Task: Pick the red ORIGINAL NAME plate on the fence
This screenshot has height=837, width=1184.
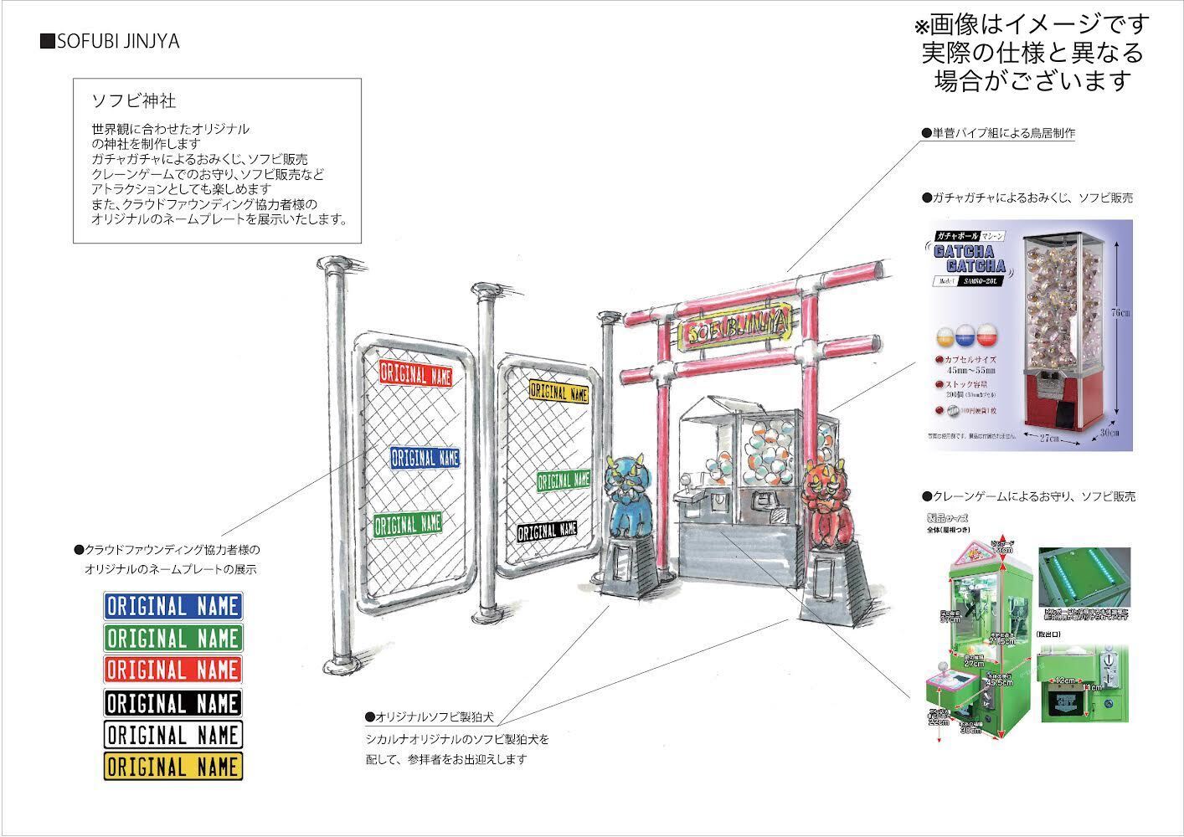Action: tap(415, 373)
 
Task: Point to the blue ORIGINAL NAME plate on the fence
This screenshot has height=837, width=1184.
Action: tap(425, 458)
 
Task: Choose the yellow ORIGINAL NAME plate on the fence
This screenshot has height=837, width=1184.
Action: tap(559, 392)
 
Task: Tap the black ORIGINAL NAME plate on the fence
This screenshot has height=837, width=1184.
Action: tap(548, 531)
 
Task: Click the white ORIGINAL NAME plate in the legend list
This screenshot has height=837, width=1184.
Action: tap(172, 735)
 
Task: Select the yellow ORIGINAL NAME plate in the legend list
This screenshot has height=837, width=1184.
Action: tap(172, 767)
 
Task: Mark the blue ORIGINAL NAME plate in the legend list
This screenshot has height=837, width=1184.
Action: tap(172, 606)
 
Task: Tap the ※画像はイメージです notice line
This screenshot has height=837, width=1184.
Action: tap(1032, 24)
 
